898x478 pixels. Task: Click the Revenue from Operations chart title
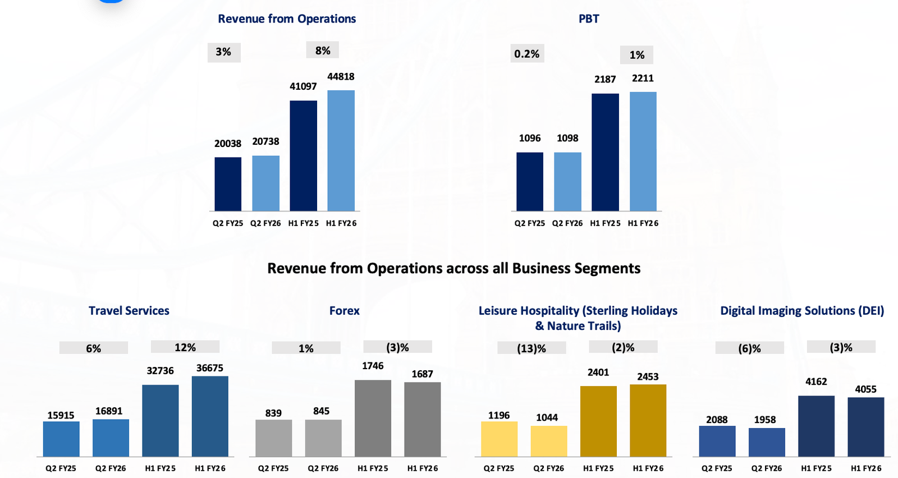(x=287, y=19)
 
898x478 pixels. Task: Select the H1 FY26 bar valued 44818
(x=341, y=150)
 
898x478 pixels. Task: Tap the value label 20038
(x=228, y=144)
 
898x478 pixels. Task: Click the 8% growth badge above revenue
(x=323, y=50)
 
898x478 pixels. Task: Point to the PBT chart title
(x=589, y=19)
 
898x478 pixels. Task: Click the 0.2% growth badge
(x=527, y=54)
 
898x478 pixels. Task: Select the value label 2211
(x=643, y=79)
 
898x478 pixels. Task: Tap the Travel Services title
(x=129, y=311)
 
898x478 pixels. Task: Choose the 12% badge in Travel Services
(x=185, y=347)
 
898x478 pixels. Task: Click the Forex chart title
(x=345, y=311)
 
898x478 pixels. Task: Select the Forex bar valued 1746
(x=373, y=418)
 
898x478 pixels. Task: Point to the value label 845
(x=322, y=411)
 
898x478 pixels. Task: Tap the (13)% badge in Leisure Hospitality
(x=532, y=348)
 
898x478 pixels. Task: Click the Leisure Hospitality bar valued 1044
(x=548, y=441)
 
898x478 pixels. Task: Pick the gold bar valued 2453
(x=648, y=420)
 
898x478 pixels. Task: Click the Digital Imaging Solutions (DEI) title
(x=802, y=311)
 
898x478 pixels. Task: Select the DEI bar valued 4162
(x=816, y=426)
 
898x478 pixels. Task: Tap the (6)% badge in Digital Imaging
(x=750, y=348)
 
